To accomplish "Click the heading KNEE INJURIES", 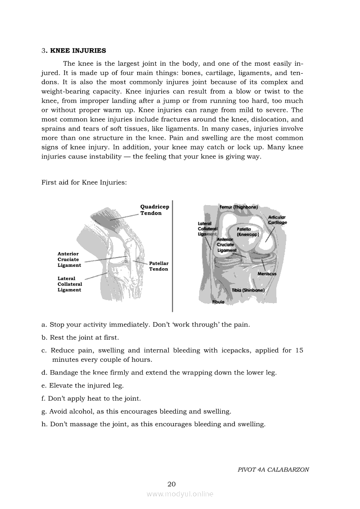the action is tap(78, 51).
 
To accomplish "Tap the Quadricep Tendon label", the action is tap(155, 210).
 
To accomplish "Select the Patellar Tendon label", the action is tap(159, 266).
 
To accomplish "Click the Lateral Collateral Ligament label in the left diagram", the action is tap(70, 284).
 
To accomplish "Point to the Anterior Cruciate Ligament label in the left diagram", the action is tap(69, 260).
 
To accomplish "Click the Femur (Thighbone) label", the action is tap(239, 207).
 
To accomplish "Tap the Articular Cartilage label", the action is tap(278, 220).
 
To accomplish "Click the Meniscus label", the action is tap(267, 273).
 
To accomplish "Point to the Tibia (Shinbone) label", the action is tap(248, 290).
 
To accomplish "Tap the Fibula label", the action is tap(218, 302).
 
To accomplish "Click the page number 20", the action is tap(172, 484).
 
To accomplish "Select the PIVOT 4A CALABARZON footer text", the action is tap(273, 469).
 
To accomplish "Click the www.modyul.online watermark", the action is tap(180, 494).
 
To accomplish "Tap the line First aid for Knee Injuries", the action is tap(84, 182).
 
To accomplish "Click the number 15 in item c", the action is tap(299, 351).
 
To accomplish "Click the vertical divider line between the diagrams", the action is tap(173, 256).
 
